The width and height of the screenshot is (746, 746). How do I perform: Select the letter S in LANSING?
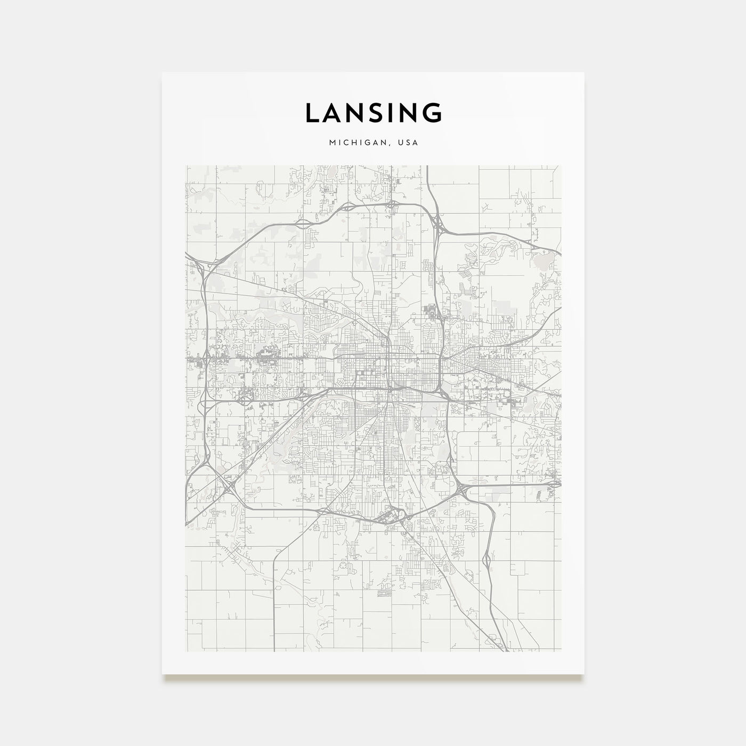coord(380,113)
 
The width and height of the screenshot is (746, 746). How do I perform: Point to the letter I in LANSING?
coord(397,113)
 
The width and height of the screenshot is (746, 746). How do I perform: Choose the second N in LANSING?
coord(412,113)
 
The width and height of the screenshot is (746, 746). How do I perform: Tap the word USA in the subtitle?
coord(409,143)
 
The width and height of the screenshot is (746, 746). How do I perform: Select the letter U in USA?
coord(401,143)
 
